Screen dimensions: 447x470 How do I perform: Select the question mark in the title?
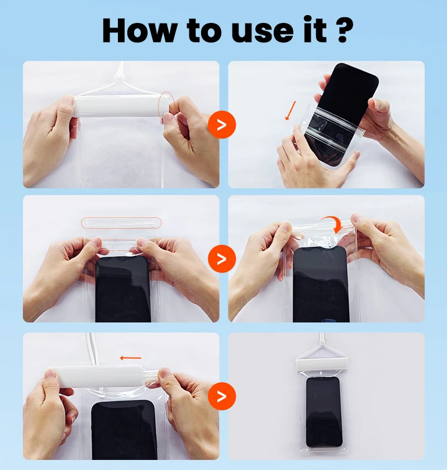[x=345, y=30]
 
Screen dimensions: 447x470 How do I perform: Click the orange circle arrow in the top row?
[x=222, y=125]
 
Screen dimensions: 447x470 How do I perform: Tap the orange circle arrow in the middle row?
[x=222, y=259]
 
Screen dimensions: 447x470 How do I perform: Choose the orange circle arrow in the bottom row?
[x=222, y=396]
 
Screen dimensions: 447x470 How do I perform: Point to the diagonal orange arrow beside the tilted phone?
[x=291, y=111]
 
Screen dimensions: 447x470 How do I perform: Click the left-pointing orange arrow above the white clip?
[x=131, y=358]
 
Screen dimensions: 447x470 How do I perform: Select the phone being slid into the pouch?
[x=341, y=114]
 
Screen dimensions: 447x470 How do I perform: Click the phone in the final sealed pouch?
[x=324, y=412]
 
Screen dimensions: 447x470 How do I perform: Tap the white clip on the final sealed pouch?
[x=322, y=364]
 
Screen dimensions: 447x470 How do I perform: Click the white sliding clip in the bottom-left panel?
[x=96, y=376]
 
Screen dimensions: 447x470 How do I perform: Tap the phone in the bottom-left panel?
[x=123, y=430]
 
